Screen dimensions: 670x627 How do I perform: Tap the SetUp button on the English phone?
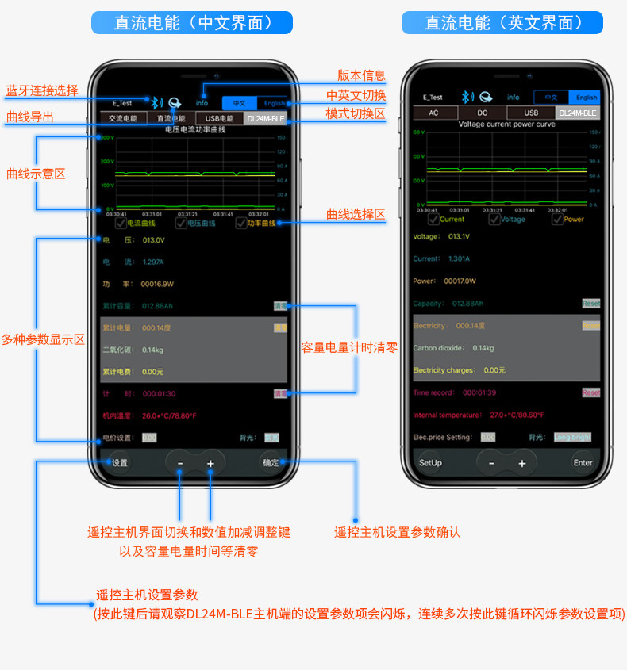[430, 463]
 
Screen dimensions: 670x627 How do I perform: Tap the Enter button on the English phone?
[583, 463]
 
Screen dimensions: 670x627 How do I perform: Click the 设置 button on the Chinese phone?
[120, 463]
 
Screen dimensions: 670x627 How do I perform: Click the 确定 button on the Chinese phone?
[271, 463]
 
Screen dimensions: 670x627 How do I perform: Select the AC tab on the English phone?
[433, 113]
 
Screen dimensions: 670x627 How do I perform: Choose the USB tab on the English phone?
[531, 113]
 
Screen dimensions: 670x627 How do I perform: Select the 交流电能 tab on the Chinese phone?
[123, 119]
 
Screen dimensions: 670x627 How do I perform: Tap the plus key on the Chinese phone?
[210, 463]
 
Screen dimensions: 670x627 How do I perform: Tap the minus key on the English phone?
[491, 463]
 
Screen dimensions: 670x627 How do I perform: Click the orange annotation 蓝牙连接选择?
[42, 90]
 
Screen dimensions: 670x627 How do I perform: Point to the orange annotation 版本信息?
[361, 75]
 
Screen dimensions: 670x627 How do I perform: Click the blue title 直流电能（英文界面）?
[503, 22]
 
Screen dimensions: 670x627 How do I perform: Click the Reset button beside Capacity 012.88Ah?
[590, 304]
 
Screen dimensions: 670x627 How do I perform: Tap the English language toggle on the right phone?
[587, 98]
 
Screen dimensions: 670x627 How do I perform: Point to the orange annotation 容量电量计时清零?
[349, 347]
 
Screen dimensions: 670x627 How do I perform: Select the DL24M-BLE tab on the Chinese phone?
[265, 119]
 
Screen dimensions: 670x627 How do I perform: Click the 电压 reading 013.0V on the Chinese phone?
[153, 240]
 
